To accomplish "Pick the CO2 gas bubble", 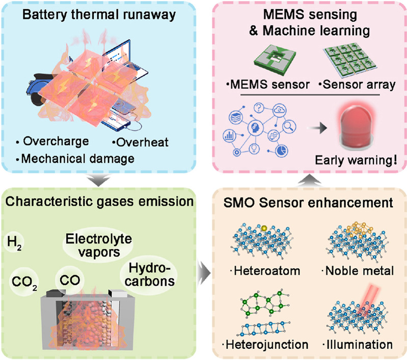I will click(24, 279).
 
